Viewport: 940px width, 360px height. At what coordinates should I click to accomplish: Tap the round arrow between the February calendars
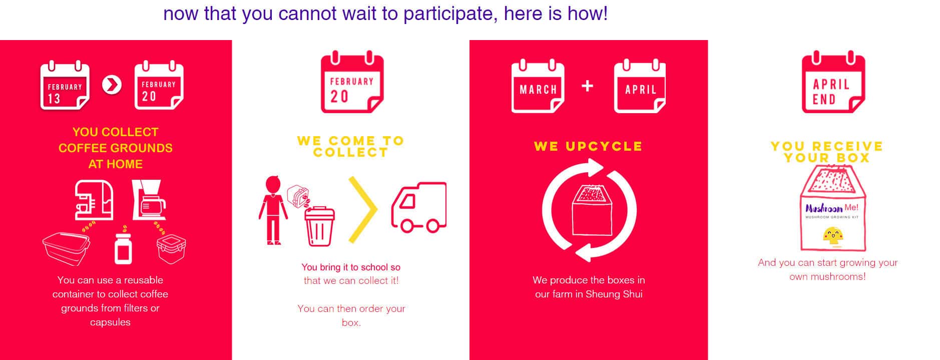[x=112, y=85]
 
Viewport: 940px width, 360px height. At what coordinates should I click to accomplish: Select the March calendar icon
[x=538, y=86]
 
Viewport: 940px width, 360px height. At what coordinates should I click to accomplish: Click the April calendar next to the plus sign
[x=640, y=86]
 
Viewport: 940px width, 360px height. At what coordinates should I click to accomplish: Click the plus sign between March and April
[x=588, y=86]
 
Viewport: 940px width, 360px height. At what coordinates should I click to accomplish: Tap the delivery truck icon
[x=419, y=207]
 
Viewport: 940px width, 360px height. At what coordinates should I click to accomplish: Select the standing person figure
[x=273, y=210]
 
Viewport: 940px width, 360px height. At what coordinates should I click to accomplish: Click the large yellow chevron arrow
[x=363, y=210]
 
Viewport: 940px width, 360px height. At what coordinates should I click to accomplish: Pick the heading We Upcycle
[x=588, y=146]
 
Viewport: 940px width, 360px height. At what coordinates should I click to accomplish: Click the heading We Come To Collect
[x=351, y=146]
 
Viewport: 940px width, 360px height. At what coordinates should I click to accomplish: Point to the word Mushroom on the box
[x=824, y=208]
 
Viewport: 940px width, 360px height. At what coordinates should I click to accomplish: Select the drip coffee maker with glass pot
[x=149, y=200]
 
